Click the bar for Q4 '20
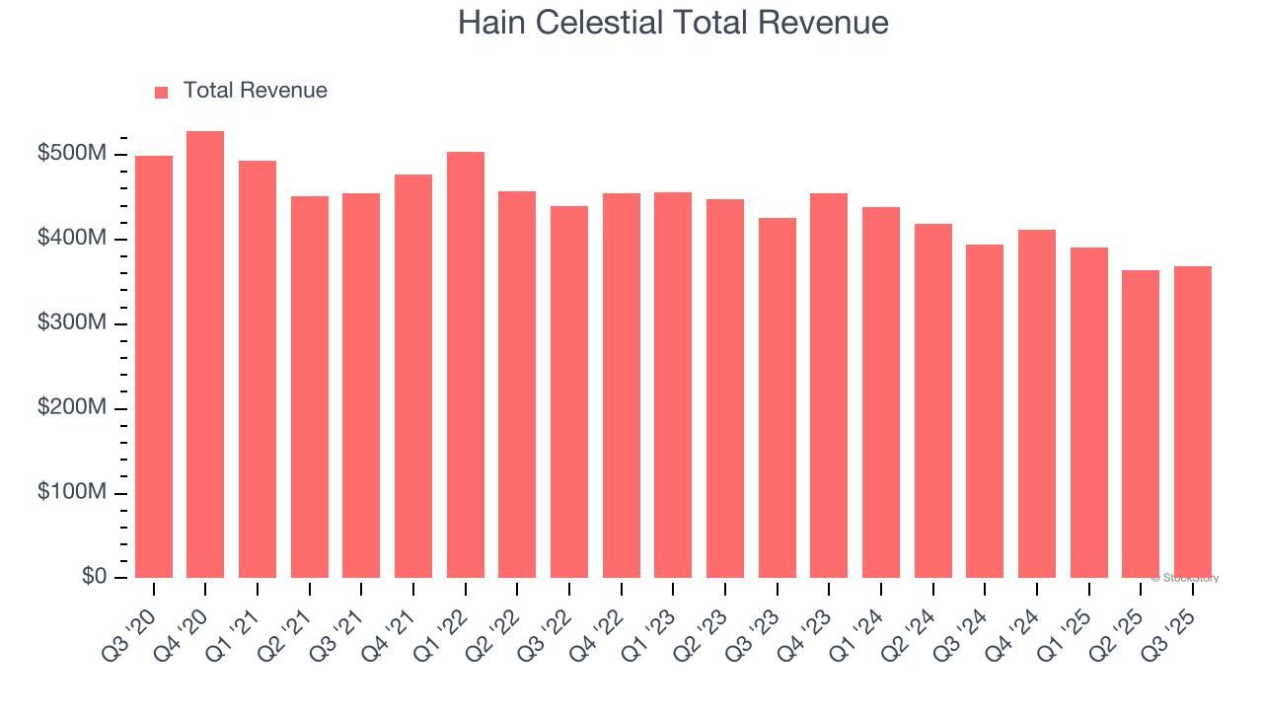click(205, 355)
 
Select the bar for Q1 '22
click(465, 365)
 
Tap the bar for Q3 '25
click(1192, 422)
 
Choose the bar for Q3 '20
click(154, 367)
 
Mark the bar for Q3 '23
click(777, 398)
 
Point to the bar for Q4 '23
click(829, 386)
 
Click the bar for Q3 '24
click(985, 411)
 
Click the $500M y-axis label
click(73, 154)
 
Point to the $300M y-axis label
click(73, 323)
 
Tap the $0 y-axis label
click(94, 577)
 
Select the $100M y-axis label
click(73, 492)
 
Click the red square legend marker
click(162, 92)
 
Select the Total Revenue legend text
click(255, 91)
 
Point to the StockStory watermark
click(1184, 578)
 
